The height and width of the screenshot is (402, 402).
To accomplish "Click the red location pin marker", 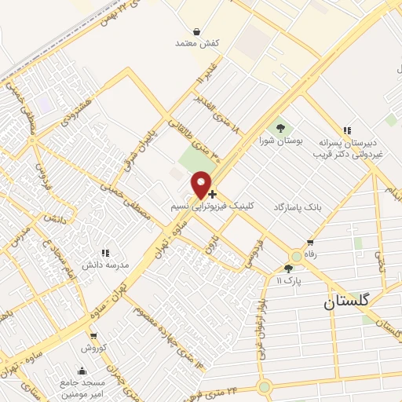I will (203, 185).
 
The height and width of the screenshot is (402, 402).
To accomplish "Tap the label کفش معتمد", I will (195, 44).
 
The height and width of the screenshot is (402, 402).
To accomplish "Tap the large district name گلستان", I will (352, 301).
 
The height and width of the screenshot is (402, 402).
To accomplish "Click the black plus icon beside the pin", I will (213, 193).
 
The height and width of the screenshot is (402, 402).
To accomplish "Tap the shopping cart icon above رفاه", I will (311, 243).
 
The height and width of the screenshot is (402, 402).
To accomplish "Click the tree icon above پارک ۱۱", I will (288, 269).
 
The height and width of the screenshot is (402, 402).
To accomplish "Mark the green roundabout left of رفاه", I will (296, 255).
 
